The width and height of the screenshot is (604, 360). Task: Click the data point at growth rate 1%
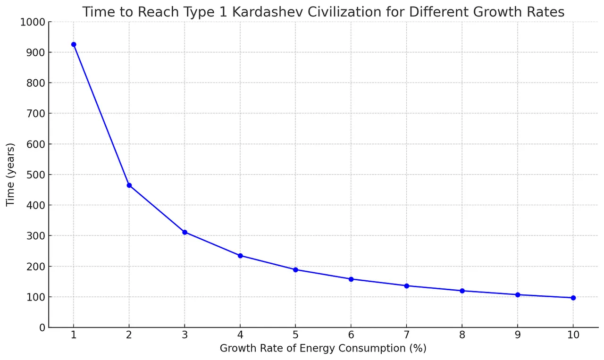[x=74, y=44]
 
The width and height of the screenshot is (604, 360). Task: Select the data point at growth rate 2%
[x=129, y=185]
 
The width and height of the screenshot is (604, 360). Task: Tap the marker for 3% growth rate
[x=185, y=232]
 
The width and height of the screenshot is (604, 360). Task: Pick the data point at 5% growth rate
[x=295, y=270]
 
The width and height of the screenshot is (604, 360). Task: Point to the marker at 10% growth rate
[x=573, y=298]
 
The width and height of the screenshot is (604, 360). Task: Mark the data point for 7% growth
[x=407, y=286]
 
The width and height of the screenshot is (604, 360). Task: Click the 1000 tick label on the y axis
[x=33, y=22]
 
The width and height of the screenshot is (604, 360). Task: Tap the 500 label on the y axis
[x=36, y=175]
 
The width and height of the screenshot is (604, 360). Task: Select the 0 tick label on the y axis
[x=42, y=327]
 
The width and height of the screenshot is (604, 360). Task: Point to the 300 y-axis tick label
[x=36, y=236]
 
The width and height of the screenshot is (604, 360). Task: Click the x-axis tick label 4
[x=240, y=335]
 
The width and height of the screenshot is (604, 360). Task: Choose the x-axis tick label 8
[x=462, y=335]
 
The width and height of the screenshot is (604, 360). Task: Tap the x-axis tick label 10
[x=573, y=335]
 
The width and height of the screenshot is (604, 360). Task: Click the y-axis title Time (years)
[x=10, y=175]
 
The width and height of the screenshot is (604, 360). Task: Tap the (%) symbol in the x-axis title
[x=418, y=348]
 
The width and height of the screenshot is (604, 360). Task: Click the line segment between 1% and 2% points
[x=101, y=115]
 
